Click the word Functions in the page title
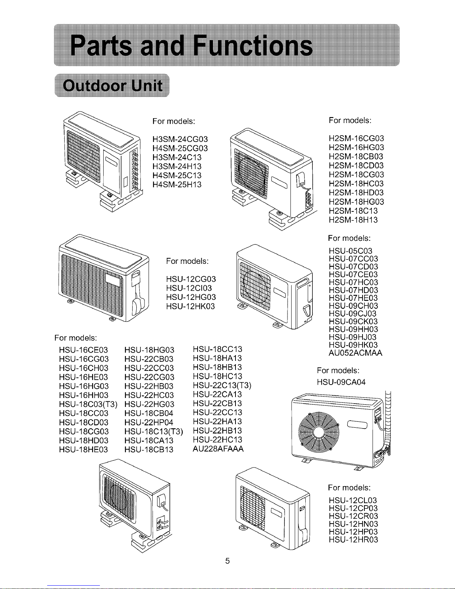pyautogui.click(x=253, y=46)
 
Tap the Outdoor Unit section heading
pyautogui.click(x=113, y=85)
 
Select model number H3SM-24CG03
pyautogui.click(x=180, y=139)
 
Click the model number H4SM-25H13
pyautogui.click(x=177, y=185)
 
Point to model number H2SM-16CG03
pyautogui.click(x=357, y=139)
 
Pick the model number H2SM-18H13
pyautogui.click(x=353, y=220)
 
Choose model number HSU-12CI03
pyautogui.click(x=189, y=288)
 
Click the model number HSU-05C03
pyautogui.click(x=351, y=251)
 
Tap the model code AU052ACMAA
pyautogui.click(x=355, y=353)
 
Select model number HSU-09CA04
pyautogui.click(x=341, y=382)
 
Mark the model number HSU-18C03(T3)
pyautogui.click(x=88, y=404)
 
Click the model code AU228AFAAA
pyautogui.click(x=218, y=449)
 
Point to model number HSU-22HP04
pyautogui.click(x=149, y=423)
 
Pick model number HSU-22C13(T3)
pyautogui.click(x=222, y=385)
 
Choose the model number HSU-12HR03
pyautogui.click(x=353, y=540)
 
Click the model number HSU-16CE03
pyautogui.click(x=84, y=350)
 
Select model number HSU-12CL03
pyautogui.click(x=353, y=500)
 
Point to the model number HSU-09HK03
pyautogui.click(x=353, y=345)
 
